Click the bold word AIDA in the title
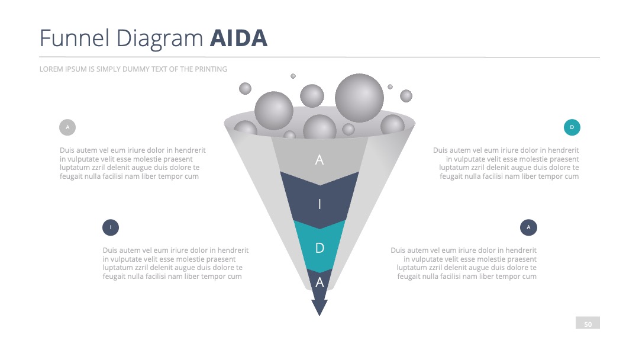pos(238,38)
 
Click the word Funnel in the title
pos(75,38)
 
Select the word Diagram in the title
pos(160,40)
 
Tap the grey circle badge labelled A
pos(67,127)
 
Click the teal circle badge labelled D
pos(572,127)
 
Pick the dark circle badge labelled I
pos(111,227)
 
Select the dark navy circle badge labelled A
pos(528,227)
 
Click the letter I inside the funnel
pos(319,204)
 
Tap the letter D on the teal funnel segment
pos(320,248)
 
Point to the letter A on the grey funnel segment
pos(319,160)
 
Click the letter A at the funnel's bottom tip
pos(320,282)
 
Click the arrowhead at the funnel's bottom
pos(319,307)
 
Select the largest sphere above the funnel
pos(360,98)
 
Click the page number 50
pos(588,324)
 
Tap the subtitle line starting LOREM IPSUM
pos(133,69)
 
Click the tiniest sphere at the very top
pos(293,76)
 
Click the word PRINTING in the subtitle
pos(211,69)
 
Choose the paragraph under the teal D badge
pos(506,163)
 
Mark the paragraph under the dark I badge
pos(176,263)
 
